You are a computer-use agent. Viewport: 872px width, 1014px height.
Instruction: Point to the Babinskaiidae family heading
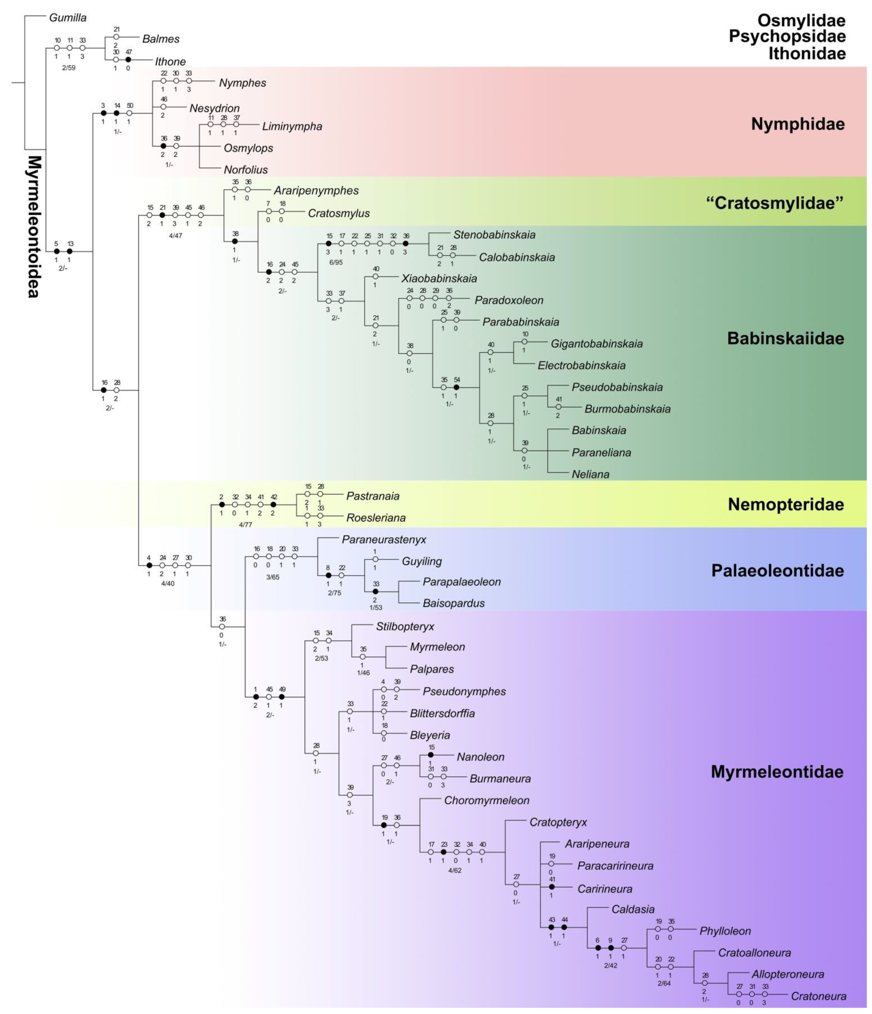coord(785,338)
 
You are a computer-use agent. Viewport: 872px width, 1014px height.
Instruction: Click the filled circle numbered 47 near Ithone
coord(128,60)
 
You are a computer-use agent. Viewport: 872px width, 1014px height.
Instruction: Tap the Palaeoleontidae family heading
coord(778,571)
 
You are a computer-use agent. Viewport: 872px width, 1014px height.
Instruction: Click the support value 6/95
coord(336,262)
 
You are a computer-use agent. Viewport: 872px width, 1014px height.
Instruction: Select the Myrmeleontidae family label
coord(777,772)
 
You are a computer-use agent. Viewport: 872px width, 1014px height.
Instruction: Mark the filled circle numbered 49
coord(282,696)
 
